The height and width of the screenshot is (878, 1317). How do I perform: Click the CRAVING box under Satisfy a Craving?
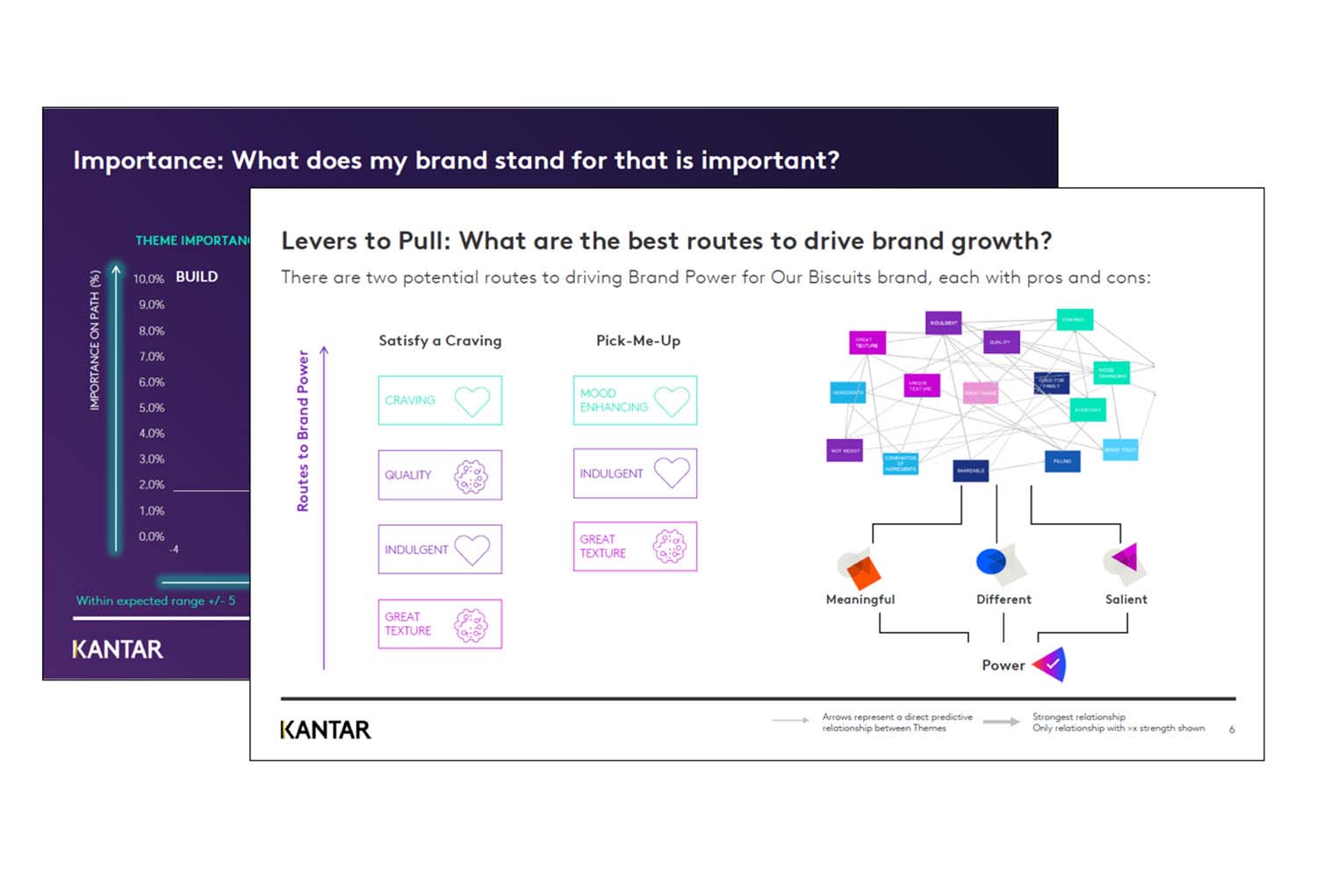point(440,400)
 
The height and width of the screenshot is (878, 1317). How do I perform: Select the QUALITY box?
point(440,475)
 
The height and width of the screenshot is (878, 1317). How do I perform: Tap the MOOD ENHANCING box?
point(635,400)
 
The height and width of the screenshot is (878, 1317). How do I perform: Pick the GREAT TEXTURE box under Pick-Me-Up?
point(635,546)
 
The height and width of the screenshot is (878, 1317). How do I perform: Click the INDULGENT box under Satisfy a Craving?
point(440,550)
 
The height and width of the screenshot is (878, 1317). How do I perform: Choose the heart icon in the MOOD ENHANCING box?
point(672,401)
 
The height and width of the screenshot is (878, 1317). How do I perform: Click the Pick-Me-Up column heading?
point(638,341)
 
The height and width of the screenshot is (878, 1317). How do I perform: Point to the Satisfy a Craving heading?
point(440,341)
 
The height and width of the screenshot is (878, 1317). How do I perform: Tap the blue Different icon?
point(992,561)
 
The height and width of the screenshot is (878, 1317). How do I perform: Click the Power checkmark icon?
point(1050,665)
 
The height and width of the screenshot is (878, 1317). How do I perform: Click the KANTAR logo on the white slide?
point(326,730)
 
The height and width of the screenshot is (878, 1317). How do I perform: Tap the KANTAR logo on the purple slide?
point(118,650)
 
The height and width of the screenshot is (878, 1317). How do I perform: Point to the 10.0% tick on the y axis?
point(148,279)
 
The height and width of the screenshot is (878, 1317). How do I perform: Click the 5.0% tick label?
point(151,408)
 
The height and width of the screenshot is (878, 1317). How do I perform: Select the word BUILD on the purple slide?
point(197,277)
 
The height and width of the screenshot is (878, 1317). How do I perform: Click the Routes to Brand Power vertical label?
point(303,431)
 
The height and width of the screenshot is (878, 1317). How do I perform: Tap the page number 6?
point(1232,730)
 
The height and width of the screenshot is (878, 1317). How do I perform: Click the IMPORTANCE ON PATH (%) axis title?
point(95,341)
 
